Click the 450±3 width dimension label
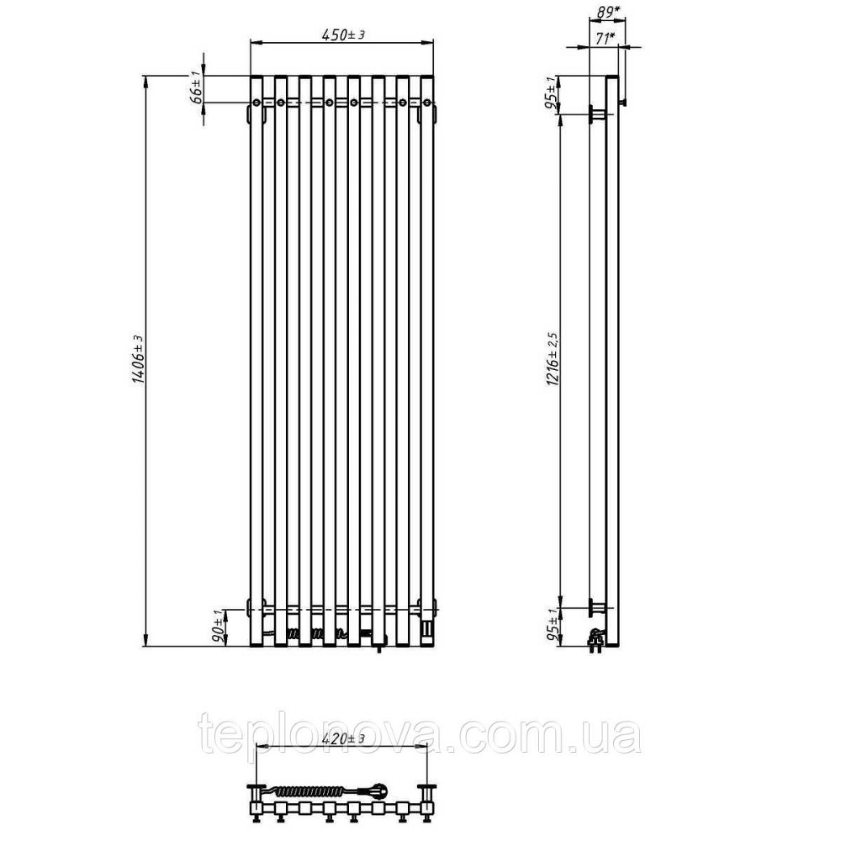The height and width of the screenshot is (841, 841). point(343,34)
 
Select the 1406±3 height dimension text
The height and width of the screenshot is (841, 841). point(138,360)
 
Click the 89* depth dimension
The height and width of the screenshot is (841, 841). point(606,13)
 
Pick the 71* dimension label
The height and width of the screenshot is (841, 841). point(605,38)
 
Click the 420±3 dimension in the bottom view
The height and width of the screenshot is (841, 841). point(343,739)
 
